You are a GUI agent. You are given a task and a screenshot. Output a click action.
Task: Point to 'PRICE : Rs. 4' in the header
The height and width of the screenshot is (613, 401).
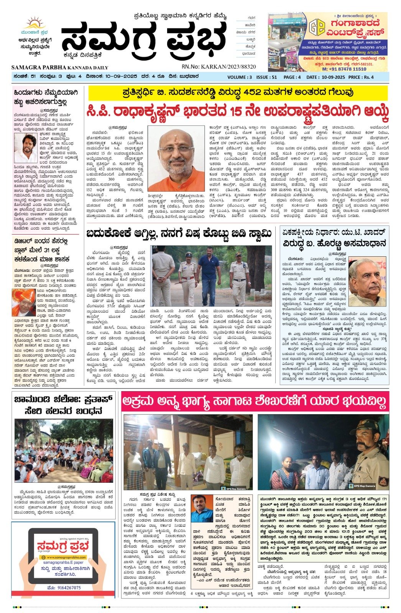coord(361,77)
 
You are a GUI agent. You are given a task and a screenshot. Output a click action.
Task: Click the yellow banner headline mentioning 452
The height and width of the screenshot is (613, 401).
coord(238,93)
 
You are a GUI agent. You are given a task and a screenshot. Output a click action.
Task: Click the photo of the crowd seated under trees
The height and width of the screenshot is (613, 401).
coord(64,451)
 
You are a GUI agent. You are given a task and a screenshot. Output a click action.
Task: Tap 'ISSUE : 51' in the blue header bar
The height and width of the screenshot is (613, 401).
coord(267,77)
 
